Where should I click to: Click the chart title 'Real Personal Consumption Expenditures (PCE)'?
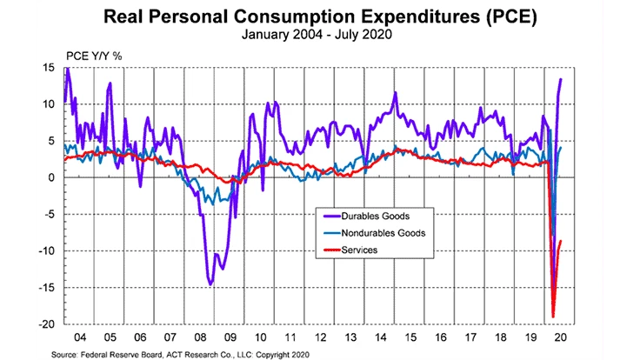click(x=319, y=17)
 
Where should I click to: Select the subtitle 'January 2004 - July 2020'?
click(x=319, y=36)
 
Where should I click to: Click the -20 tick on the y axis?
click(x=49, y=323)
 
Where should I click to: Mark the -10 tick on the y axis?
click(x=49, y=250)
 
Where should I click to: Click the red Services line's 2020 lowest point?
click(x=553, y=317)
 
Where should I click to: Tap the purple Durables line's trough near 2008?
click(x=210, y=283)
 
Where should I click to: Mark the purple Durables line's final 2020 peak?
click(x=561, y=79)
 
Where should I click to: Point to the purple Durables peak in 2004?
click(x=67, y=69)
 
